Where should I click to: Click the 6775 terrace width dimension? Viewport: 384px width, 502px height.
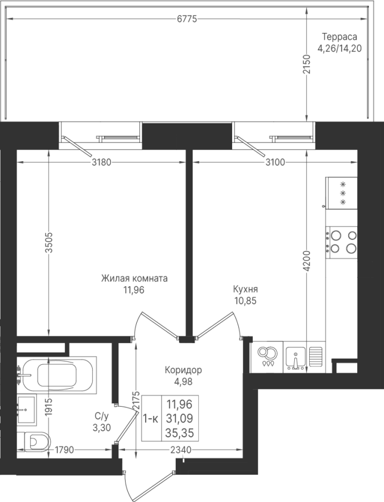187,19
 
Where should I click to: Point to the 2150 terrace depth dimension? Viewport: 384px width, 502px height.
307,65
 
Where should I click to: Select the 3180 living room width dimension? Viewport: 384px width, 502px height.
101,162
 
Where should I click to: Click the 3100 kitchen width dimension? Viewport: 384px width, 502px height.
275,162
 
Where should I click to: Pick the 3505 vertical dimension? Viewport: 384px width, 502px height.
49,243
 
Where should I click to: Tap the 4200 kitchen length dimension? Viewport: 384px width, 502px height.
307,261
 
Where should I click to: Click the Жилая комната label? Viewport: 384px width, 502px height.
134,278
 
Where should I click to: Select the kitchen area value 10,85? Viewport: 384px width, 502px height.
245,301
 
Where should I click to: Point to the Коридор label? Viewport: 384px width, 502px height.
183,370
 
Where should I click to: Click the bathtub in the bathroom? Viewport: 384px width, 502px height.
56,374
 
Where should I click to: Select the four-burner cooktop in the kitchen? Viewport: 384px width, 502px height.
342,243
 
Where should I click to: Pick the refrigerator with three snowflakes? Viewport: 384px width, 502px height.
342,193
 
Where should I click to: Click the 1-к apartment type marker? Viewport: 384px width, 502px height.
151,419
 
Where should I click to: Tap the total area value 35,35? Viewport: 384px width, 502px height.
179,433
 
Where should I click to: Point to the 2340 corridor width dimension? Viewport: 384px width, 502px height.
181,450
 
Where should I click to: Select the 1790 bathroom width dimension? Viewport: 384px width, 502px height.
64,450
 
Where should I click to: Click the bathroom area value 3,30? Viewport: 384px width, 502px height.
102,427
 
